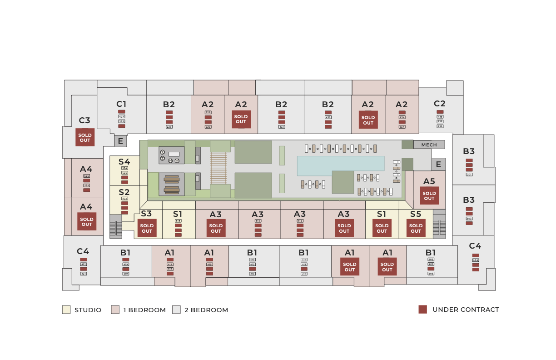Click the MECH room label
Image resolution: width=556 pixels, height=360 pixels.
click(x=429, y=145)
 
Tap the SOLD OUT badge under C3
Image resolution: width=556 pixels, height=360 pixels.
click(x=85, y=137)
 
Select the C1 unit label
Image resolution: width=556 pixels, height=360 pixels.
click(x=121, y=104)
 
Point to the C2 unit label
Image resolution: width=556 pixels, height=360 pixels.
click(x=440, y=103)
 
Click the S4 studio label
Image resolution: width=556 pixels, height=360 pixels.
click(x=124, y=161)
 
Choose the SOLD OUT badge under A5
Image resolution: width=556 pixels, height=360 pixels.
click(x=429, y=196)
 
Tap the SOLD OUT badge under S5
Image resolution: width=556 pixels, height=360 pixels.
click(x=416, y=228)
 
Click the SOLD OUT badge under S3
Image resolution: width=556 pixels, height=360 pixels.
click(x=147, y=228)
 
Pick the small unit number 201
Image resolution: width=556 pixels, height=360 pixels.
click(x=469, y=175)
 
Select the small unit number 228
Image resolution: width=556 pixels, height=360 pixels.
click(x=169, y=127)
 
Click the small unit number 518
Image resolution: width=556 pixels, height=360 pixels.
click(x=178, y=221)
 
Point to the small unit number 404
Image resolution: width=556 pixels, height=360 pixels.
click(x=476, y=260)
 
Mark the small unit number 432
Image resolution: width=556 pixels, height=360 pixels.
click(x=328, y=117)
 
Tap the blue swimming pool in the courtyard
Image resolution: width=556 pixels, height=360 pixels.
click(x=341, y=166)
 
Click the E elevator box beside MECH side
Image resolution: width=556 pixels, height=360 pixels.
click(x=438, y=164)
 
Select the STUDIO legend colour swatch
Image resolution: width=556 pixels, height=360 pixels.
click(x=66, y=310)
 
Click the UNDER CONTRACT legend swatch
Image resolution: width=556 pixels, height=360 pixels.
click(x=423, y=310)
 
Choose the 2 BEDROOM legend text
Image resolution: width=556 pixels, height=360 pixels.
click(x=206, y=310)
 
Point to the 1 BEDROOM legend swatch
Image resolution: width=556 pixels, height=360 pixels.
click(x=115, y=310)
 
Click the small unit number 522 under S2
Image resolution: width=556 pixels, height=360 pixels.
click(x=124, y=199)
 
